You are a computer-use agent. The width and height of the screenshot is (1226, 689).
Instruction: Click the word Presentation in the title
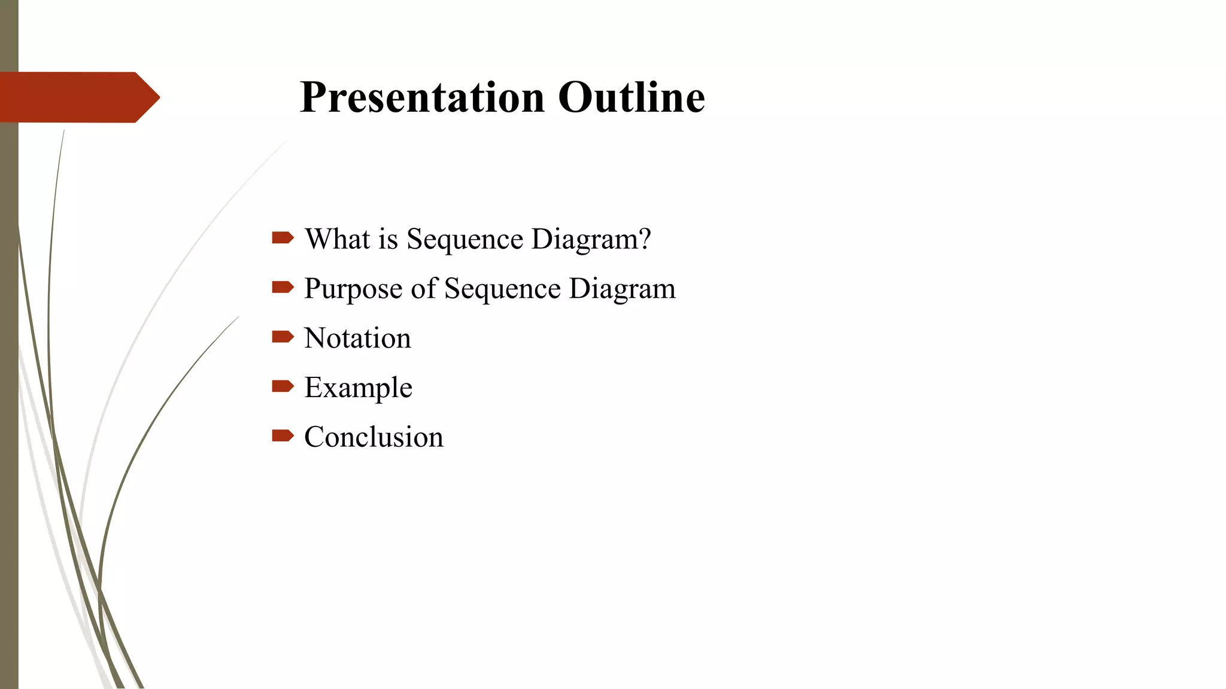[x=422, y=97]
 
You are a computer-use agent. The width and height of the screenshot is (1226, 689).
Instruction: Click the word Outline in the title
[x=632, y=97]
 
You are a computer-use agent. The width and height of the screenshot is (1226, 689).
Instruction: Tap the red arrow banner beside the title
[x=78, y=97]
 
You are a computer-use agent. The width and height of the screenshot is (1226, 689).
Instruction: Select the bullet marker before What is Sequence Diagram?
[x=283, y=238]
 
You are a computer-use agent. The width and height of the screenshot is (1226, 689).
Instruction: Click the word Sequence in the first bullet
[x=465, y=240]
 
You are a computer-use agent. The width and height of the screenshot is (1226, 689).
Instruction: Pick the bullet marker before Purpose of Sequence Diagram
[x=283, y=288]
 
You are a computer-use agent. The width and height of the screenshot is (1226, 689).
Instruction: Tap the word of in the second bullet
[x=424, y=288]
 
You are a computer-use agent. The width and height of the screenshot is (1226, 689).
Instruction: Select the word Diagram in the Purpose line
[x=622, y=289]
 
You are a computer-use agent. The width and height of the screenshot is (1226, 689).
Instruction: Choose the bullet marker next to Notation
[x=283, y=337]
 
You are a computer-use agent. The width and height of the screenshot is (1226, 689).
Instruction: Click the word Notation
[x=357, y=338]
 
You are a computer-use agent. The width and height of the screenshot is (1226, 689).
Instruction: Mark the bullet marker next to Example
[x=283, y=386]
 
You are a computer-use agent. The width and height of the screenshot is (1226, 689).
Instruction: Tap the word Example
[x=358, y=388]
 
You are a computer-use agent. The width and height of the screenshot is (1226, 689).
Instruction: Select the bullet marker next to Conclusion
[x=283, y=435]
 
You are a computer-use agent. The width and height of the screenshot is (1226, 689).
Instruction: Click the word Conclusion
[x=374, y=437]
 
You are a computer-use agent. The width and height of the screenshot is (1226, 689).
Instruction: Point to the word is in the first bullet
[x=388, y=239]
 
